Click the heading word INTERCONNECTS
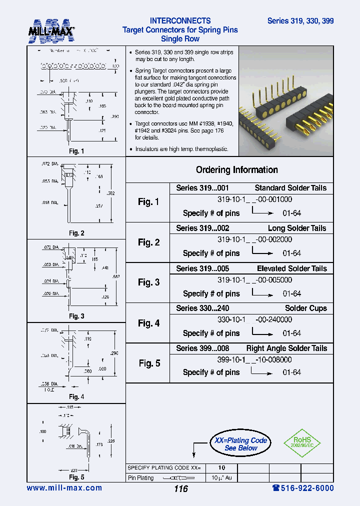click(x=180, y=21)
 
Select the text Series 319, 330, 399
click(x=300, y=21)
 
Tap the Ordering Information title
click(x=236, y=170)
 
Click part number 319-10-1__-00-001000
click(x=254, y=198)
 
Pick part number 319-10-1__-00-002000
click(x=254, y=239)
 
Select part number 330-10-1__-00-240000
click(x=254, y=319)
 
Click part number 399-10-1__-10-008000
click(x=254, y=359)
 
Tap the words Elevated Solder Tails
click(x=291, y=268)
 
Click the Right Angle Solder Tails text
click(x=286, y=348)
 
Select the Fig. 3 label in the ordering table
click(x=148, y=282)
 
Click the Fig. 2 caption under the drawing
click(x=76, y=233)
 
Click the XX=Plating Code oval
click(x=241, y=444)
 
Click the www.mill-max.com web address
click(x=64, y=488)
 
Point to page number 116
click(x=180, y=488)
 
